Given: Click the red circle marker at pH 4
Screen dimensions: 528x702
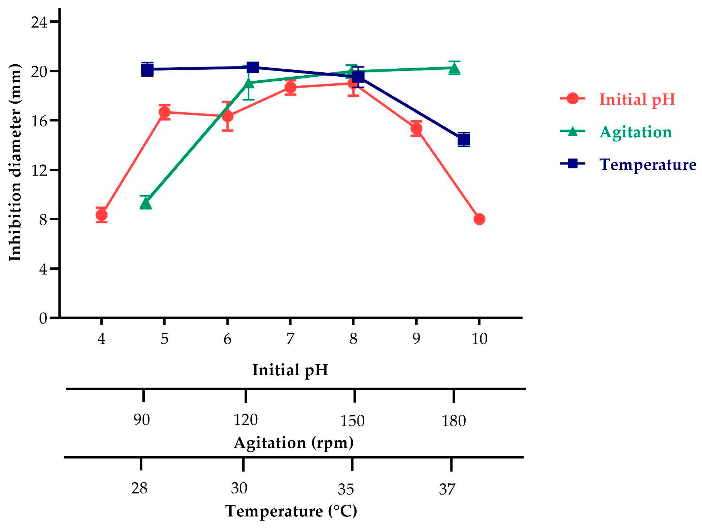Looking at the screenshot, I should [x=101, y=215].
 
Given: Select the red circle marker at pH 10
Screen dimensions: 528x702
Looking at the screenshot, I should [x=479, y=219].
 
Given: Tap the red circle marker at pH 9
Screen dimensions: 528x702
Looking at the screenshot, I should [x=416, y=129].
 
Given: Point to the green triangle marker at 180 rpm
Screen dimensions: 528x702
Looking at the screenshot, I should [x=454, y=68].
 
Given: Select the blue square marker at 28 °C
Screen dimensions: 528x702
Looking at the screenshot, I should [x=147, y=69].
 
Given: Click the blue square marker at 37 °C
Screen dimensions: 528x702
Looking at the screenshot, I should [x=464, y=139].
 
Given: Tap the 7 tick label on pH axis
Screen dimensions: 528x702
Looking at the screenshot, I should [x=290, y=339].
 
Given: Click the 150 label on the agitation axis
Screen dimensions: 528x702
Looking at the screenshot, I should [x=352, y=421].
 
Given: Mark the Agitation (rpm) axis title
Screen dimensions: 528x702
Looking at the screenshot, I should [x=294, y=443].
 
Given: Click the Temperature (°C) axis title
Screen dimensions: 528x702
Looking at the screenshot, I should [x=291, y=511].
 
